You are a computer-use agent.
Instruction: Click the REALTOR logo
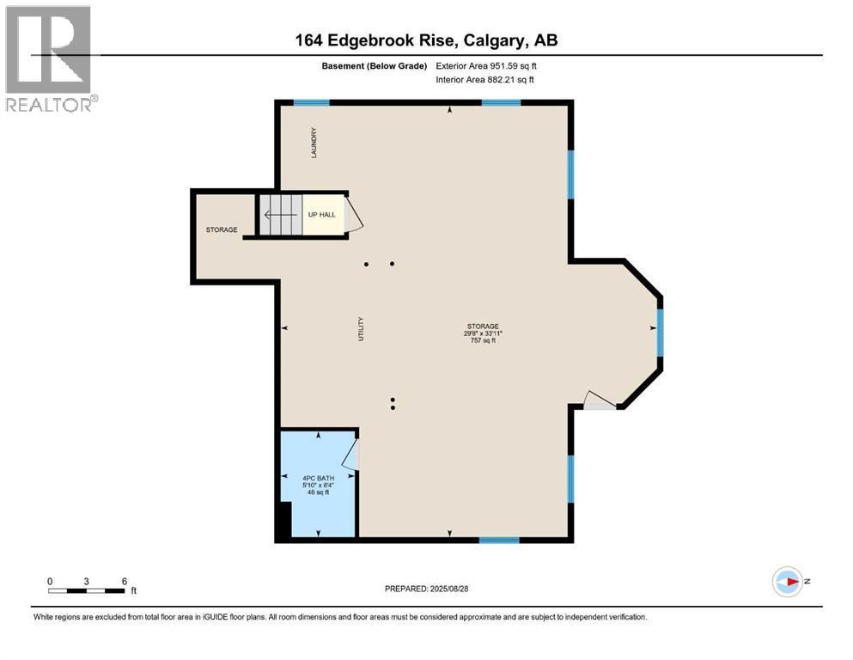click(x=52, y=58)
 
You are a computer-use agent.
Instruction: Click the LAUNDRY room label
click(x=314, y=144)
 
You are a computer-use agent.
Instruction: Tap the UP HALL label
click(x=322, y=215)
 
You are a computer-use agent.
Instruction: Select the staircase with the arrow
click(x=280, y=215)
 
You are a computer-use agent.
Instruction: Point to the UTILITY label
click(x=360, y=329)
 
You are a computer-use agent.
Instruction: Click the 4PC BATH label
click(x=318, y=479)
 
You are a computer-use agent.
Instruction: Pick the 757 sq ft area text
click(x=483, y=340)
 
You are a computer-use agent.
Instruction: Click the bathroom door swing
click(x=350, y=454)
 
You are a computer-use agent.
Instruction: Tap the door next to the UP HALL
click(x=354, y=214)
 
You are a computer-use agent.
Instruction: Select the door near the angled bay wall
click(x=600, y=400)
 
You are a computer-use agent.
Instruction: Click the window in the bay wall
click(x=660, y=333)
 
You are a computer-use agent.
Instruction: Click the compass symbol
click(x=788, y=582)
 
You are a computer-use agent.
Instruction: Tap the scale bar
click(x=87, y=590)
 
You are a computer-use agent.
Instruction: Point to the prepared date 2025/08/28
click(x=448, y=589)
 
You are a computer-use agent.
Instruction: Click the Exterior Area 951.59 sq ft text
click(x=486, y=66)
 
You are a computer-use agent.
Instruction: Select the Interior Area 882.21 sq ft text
click(x=484, y=79)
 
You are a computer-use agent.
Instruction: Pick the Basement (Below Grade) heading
click(x=375, y=66)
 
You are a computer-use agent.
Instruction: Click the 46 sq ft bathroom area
click(x=318, y=492)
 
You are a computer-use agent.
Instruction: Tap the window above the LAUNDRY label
click(x=312, y=102)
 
